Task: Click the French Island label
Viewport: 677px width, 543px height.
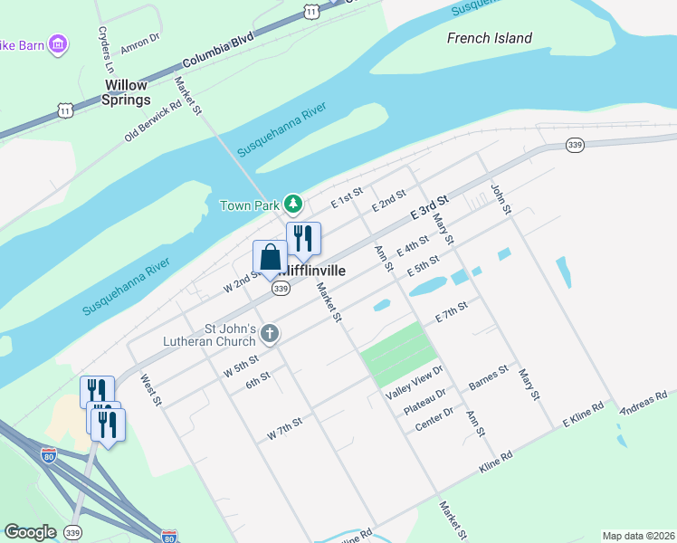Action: pos(490,38)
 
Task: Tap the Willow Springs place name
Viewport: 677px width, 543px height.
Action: pos(126,92)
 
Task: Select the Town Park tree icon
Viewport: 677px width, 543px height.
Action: pos(292,204)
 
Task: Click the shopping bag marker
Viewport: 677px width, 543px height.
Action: pos(270,257)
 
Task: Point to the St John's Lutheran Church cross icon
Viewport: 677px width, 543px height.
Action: pos(269,335)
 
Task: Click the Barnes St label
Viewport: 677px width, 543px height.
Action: pos(489,378)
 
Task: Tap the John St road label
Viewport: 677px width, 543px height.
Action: pos(501,198)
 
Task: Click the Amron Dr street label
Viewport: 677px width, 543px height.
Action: pos(139,38)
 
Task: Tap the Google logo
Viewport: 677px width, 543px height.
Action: pos(30,532)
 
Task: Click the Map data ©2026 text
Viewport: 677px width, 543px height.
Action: pos(637,535)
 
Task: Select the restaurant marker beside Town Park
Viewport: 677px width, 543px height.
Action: pos(304,238)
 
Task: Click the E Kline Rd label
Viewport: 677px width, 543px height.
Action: pos(583,414)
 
